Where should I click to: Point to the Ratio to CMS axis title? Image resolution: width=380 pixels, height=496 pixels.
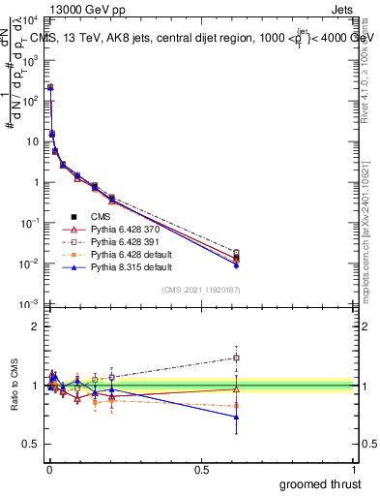13,399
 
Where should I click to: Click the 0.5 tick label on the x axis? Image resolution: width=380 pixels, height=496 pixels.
201,469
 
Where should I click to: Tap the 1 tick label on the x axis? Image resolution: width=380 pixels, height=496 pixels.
354,469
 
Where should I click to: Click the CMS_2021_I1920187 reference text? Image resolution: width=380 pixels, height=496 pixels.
200,291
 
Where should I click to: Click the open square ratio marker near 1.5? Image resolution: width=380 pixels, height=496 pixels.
237,357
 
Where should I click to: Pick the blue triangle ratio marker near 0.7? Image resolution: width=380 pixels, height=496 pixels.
237,418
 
